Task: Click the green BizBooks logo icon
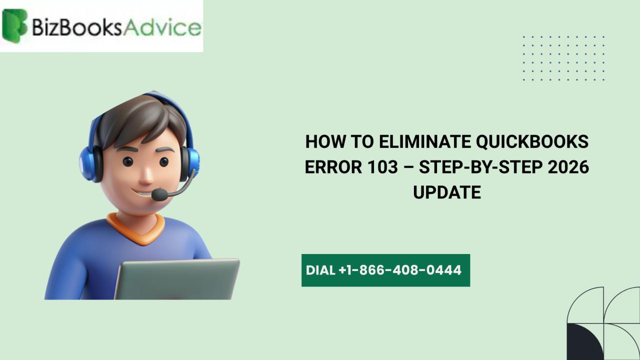coord(14,25)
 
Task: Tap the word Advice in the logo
coord(162,27)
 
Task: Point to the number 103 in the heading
coord(380,167)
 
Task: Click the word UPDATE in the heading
coord(447,192)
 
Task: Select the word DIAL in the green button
coord(320,270)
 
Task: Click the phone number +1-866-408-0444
coord(400,270)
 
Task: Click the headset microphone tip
coord(159,195)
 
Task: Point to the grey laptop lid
coord(177,279)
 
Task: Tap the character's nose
coord(146,175)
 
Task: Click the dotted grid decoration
coord(563,58)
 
